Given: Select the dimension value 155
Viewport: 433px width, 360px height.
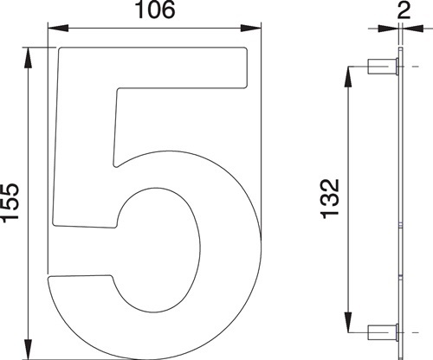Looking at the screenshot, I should pos(10,204).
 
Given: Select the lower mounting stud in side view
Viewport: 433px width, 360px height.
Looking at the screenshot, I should pos(380,330).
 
